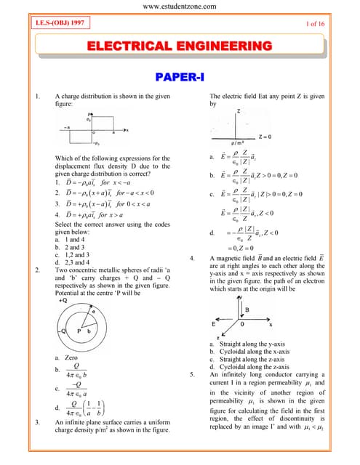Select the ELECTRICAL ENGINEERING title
click(x=180, y=46)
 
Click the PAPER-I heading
click(x=179, y=76)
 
